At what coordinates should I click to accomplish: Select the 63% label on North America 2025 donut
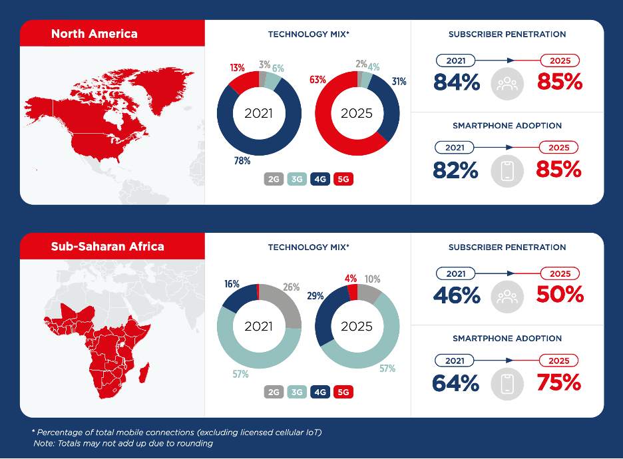point(317,80)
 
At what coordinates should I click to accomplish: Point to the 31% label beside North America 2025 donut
point(399,82)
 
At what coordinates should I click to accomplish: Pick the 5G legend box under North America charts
point(344,180)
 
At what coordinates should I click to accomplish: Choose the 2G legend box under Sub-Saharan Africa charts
point(273,392)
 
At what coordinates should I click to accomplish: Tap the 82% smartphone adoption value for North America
point(456,170)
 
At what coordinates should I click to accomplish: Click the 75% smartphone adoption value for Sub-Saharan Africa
point(558,383)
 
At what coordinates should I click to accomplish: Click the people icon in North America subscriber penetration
point(507,84)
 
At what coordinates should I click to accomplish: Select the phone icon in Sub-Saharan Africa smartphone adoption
point(507,384)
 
